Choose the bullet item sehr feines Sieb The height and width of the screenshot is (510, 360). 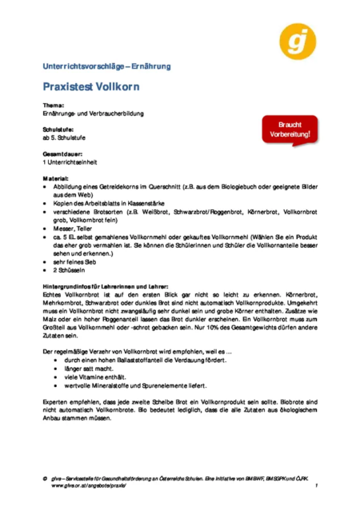(77, 261)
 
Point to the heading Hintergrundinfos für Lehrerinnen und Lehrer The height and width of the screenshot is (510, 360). (118, 285)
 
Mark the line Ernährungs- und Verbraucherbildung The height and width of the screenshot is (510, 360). (93, 114)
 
